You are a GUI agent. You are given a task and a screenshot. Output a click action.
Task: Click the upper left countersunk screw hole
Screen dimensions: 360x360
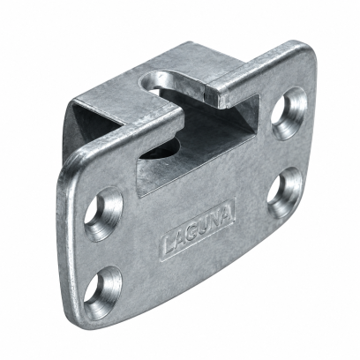click(x=103, y=214)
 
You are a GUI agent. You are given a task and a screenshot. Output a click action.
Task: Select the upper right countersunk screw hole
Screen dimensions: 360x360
click(x=289, y=114)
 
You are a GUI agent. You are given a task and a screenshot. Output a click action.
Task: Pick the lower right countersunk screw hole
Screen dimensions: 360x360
click(x=285, y=192)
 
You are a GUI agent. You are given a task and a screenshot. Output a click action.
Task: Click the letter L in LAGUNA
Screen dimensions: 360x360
click(x=169, y=245)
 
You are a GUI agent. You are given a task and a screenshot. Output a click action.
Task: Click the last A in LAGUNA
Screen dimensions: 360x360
click(x=227, y=217)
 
